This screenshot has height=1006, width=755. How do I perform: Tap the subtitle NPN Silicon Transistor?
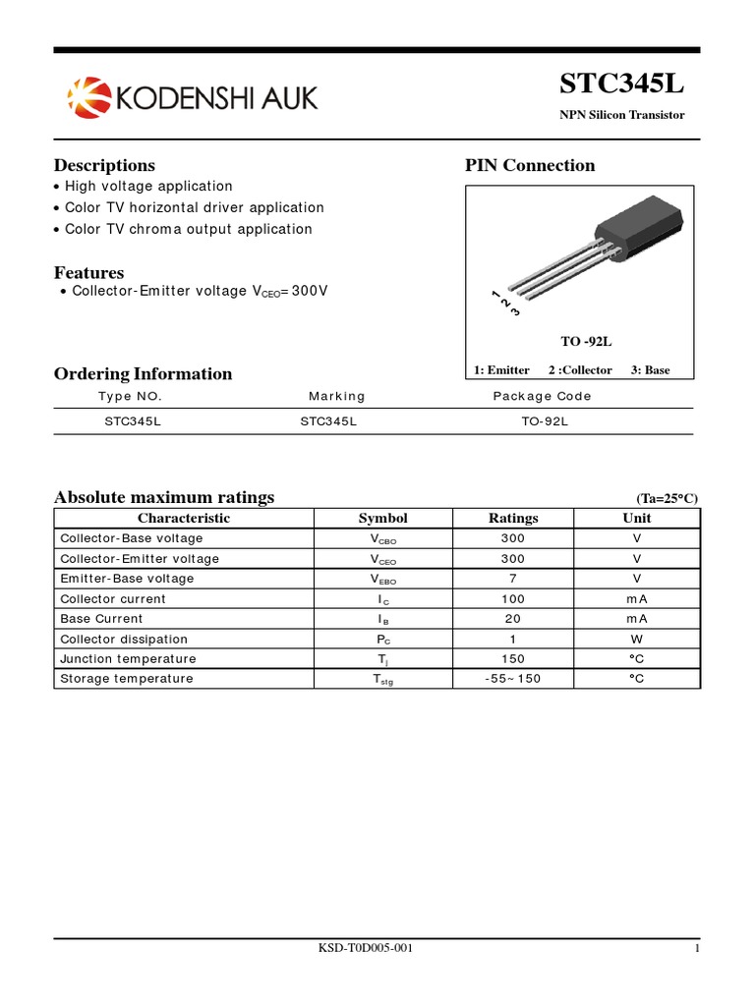pos(622,115)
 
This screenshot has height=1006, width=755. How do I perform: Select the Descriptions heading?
pos(104,165)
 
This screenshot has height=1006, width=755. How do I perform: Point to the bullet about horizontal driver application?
pos(194,207)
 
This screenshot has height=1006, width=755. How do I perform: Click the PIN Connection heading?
pos(530,165)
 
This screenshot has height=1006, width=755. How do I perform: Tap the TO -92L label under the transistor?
pos(586,342)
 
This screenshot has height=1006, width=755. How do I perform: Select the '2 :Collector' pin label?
pos(580,370)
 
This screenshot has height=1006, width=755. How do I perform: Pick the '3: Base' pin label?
pos(650,370)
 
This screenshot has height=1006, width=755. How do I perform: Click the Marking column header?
pos(336,396)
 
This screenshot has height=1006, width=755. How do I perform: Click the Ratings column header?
pos(513,518)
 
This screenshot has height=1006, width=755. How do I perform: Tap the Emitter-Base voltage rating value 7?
pos(513,579)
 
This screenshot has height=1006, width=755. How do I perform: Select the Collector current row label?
pos(113,598)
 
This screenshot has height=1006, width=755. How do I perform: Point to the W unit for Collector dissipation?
pos(637,639)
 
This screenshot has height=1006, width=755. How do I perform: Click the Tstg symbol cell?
pos(382,679)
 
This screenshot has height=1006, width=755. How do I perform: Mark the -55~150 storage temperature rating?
pos(513,679)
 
